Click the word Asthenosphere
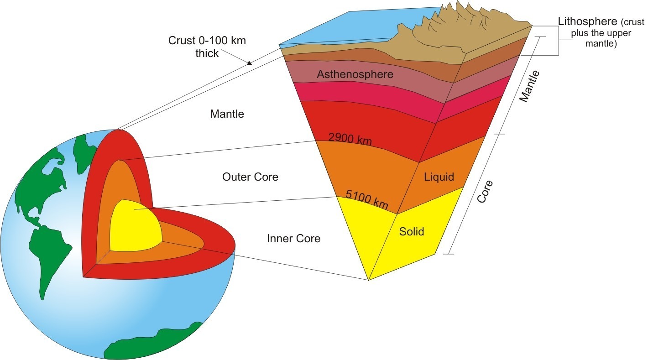coord(355,74)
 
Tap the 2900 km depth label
coord(350,139)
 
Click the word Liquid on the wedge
coord(439,177)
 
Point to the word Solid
coord(411,232)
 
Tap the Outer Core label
coord(250,177)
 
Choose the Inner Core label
coord(293,239)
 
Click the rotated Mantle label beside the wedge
coord(529,86)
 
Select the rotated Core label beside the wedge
coord(485,192)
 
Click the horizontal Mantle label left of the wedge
coord(227,114)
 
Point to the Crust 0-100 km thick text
coord(207,47)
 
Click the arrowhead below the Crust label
coord(249,63)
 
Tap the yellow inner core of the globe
coord(135,227)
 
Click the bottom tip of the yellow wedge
coord(369,280)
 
